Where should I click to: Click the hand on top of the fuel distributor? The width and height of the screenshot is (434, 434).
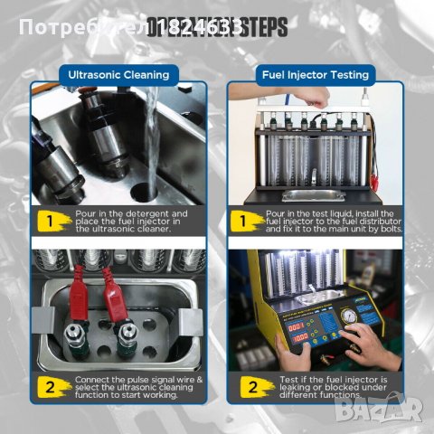(258, 90)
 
